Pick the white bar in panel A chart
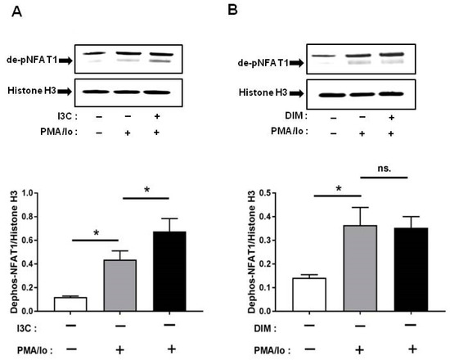click(x=99, y=304)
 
